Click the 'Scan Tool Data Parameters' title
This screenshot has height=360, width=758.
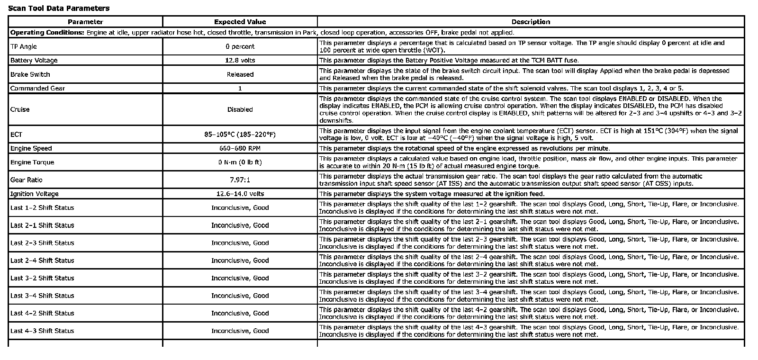pyautogui.click(x=59, y=8)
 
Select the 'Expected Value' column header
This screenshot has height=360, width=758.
pyautogui.click(x=240, y=22)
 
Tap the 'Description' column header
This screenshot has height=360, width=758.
pyautogui.click(x=531, y=22)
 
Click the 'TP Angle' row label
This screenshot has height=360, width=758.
pyautogui.click(x=24, y=46)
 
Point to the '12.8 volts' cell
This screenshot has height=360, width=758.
pyautogui.click(x=240, y=60)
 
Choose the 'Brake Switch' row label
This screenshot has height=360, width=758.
pyautogui.click(x=30, y=74)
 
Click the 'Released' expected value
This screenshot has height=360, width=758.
pyautogui.click(x=240, y=74)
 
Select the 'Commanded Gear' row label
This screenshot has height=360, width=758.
pyautogui.click(x=38, y=88)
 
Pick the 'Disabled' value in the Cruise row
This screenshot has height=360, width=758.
pyautogui.click(x=240, y=109)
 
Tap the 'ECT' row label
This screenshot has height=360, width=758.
pyautogui.click(x=16, y=135)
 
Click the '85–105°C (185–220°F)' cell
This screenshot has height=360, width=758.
pyautogui.click(x=240, y=135)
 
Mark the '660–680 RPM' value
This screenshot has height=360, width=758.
pyautogui.click(x=240, y=148)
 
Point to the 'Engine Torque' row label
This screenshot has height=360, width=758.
pyautogui.click(x=32, y=162)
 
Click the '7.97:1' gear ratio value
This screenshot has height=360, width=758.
pyautogui.click(x=240, y=180)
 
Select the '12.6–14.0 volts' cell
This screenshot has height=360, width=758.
pyautogui.click(x=240, y=194)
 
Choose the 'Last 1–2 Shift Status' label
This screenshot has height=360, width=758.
pyautogui.click(x=42, y=207)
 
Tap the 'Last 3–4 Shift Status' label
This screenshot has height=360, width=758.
pyautogui.click(x=42, y=296)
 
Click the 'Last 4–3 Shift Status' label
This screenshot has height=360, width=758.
pyautogui.click(x=42, y=331)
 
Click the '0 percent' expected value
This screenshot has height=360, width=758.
pyautogui.click(x=240, y=46)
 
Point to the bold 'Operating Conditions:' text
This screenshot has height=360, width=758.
pyautogui.click(x=47, y=33)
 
